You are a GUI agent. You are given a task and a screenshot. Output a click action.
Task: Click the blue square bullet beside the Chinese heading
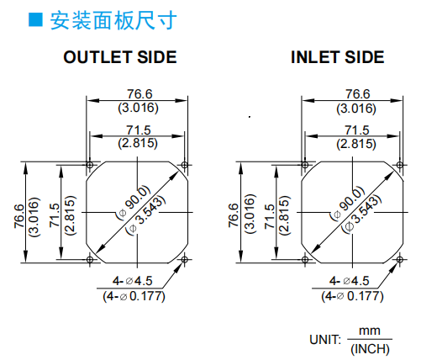tap(35, 19)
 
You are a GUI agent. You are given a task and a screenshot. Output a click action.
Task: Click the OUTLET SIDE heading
tap(120, 57)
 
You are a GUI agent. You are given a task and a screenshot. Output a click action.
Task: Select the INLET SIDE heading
tap(338, 57)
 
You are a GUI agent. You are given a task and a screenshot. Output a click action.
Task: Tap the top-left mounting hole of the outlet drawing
tap(90, 165)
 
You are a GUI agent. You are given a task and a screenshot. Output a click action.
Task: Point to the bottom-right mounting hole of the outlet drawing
tap(184, 260)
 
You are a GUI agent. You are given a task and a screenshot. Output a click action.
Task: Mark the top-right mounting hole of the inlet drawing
tap(400, 165)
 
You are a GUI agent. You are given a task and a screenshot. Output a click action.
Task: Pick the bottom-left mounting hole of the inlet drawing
tap(305, 260)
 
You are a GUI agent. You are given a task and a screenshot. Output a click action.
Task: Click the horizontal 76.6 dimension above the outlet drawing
tap(139, 94)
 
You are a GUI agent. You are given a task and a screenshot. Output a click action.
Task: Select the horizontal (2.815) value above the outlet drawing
tap(138, 143)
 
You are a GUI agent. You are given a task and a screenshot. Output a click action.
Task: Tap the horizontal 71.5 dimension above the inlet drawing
tap(357, 130)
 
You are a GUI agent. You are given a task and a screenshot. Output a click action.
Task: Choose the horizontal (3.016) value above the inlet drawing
tap(356, 109)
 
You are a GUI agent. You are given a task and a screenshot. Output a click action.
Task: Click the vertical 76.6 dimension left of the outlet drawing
tap(19, 216)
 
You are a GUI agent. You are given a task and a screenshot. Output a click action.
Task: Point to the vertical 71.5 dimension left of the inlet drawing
tap(270, 216)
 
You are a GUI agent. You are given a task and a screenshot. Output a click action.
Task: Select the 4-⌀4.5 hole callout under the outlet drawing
tap(133, 281)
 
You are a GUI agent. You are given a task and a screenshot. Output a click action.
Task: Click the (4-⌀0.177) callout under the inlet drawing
tap(352, 296)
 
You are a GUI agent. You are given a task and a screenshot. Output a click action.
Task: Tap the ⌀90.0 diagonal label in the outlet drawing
tap(134, 203)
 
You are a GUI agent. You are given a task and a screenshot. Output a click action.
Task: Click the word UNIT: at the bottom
tap(325, 340)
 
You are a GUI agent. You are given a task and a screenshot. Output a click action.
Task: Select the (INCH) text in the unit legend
tap(370, 349)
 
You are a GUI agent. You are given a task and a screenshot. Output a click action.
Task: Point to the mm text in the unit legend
tap(370, 331)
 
